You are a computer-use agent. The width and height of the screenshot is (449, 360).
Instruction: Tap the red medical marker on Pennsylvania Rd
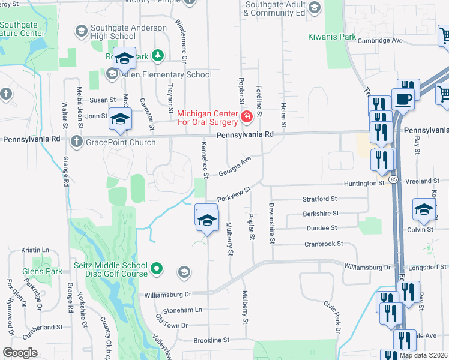point(246,117)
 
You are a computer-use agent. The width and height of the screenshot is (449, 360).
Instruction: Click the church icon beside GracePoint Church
point(76,142)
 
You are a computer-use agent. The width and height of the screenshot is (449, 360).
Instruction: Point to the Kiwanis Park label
point(331,37)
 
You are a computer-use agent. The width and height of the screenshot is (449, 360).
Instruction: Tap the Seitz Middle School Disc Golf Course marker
point(157,268)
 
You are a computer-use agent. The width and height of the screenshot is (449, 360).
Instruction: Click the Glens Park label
point(43,271)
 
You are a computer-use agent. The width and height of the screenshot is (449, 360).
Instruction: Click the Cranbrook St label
point(323,244)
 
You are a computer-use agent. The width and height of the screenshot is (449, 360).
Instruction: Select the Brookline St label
point(211,340)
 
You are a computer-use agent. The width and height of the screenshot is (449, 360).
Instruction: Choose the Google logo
point(20,352)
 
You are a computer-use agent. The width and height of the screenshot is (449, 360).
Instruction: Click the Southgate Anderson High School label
point(128,32)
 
